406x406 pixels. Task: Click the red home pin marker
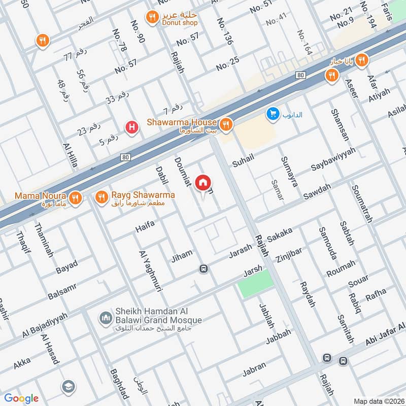pos(203,182)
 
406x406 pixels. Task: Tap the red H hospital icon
pos(132,127)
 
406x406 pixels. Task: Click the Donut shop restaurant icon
pos(151,18)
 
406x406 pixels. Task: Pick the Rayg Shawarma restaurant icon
pos(101,196)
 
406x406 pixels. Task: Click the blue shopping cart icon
pos(273,114)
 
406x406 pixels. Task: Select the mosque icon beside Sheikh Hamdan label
pos(106,318)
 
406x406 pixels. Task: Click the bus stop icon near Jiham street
pos(204,268)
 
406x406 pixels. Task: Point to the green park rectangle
pos(255,284)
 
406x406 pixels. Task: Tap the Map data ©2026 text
pos(378,401)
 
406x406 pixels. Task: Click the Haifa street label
pos(145,230)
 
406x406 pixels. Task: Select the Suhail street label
pos(243,162)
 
